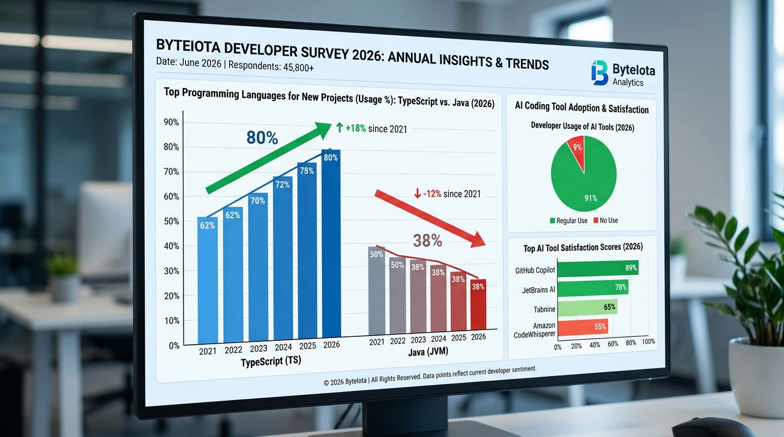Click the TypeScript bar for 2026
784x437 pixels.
tap(331, 244)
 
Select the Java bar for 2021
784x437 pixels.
tap(377, 291)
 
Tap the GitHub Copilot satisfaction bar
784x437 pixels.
tap(598, 268)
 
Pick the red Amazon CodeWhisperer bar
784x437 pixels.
tap(583, 327)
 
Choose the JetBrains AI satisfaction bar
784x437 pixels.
tap(593, 288)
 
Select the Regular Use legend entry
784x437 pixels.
tap(569, 221)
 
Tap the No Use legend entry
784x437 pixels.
tap(606, 220)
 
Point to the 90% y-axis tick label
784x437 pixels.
tap(171, 122)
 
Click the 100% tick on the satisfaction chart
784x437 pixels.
tap(648, 341)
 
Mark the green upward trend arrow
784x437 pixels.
tap(268, 158)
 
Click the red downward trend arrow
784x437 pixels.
tap(430, 219)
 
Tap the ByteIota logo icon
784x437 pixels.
tap(599, 73)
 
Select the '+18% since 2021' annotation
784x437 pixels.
tap(371, 129)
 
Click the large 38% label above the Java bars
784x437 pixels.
tap(427, 241)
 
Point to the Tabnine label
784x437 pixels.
tap(544, 310)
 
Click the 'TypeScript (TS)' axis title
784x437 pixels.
tap(271, 361)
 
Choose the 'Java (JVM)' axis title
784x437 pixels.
tap(428, 352)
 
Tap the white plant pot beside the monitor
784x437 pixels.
tap(757, 378)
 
